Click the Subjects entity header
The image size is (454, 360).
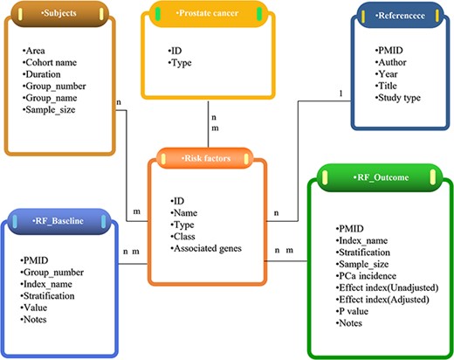[x=57, y=15]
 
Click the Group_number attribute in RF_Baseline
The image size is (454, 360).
[x=53, y=271]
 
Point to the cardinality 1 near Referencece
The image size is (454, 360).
[x=340, y=93]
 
